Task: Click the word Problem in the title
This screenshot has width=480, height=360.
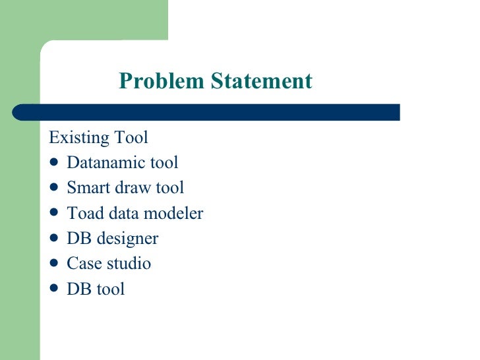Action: (162, 81)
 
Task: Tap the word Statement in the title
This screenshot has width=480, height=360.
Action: (261, 81)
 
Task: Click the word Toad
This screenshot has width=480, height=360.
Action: (83, 214)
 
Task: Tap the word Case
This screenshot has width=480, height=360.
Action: (82, 264)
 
